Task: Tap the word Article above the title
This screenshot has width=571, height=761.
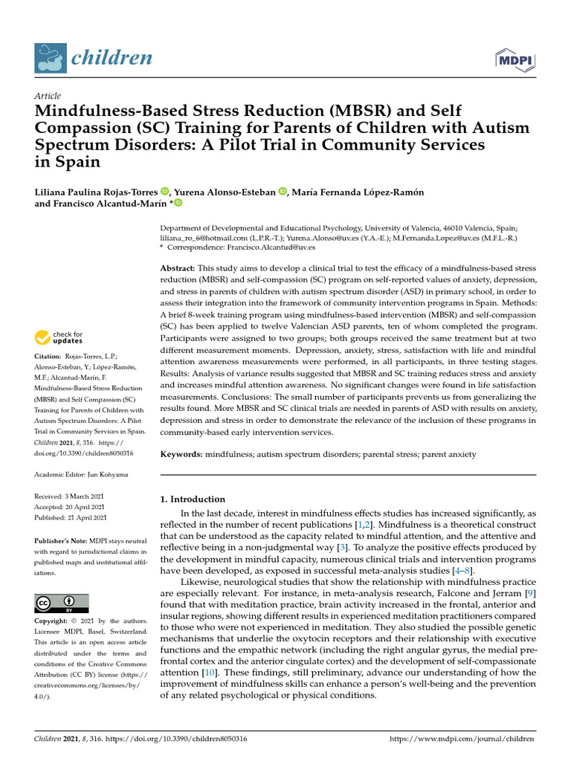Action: point(48,96)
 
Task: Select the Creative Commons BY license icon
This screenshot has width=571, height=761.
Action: point(62,603)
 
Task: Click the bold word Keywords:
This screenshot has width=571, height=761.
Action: point(183,453)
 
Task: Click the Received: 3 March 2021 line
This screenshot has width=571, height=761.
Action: point(71,495)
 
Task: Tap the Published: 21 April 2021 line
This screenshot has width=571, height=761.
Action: point(71,517)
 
